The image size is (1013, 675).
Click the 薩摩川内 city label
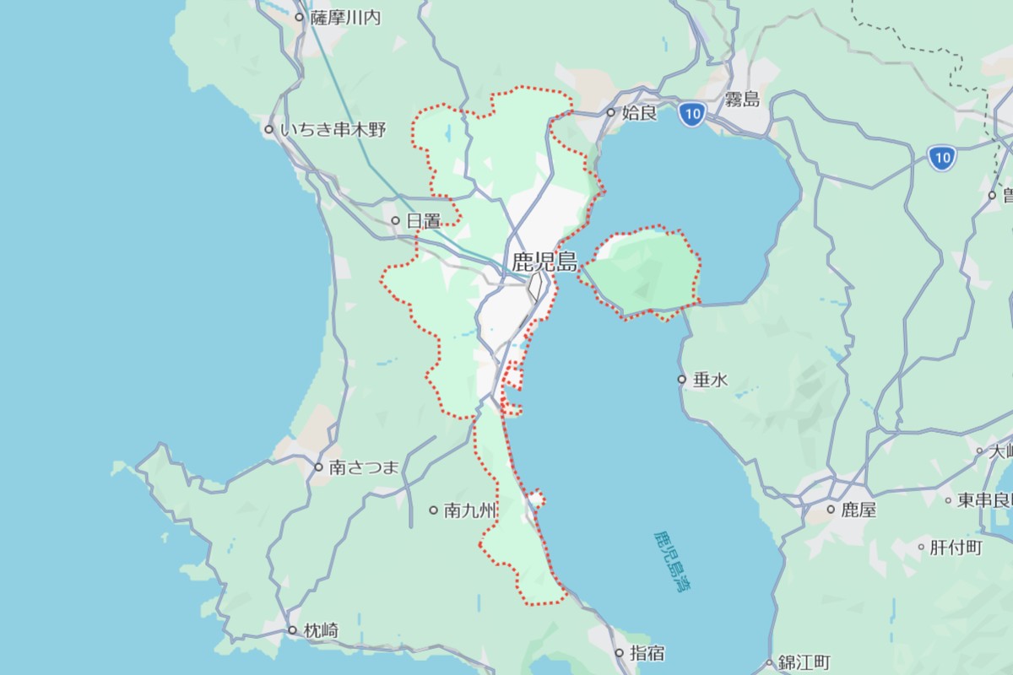pyautogui.click(x=345, y=17)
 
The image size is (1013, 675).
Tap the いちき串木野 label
pyautogui.click(x=333, y=130)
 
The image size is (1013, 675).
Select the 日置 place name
pyautogui.click(x=423, y=221)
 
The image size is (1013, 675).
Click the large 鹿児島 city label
pyautogui.click(x=544, y=262)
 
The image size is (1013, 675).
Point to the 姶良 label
pyautogui.click(x=639, y=112)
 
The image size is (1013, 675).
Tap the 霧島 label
pyautogui.click(x=742, y=100)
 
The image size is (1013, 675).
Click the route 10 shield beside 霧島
pyautogui.click(x=691, y=113)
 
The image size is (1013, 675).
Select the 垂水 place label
pyautogui.click(x=710, y=380)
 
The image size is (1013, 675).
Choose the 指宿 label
pyautogui.click(x=647, y=653)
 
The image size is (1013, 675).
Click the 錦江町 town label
pyautogui.click(x=804, y=662)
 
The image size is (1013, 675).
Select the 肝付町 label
pyautogui.click(x=956, y=548)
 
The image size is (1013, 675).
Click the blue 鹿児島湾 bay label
pyautogui.click(x=673, y=561)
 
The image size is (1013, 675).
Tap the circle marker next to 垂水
pyautogui.click(x=682, y=380)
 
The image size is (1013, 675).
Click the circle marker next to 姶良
pyautogui.click(x=611, y=112)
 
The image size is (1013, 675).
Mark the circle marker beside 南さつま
pyautogui.click(x=318, y=467)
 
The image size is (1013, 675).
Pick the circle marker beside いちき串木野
pyautogui.click(x=268, y=130)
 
